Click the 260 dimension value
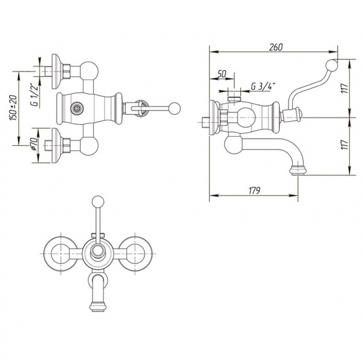point(276,47)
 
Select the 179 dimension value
point(255,191)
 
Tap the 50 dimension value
point(221,74)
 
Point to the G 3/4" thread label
point(263,87)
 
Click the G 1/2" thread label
point(34,96)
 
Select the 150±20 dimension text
point(13,108)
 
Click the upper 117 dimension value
point(345,88)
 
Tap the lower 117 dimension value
point(345,145)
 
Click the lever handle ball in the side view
point(332,66)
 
